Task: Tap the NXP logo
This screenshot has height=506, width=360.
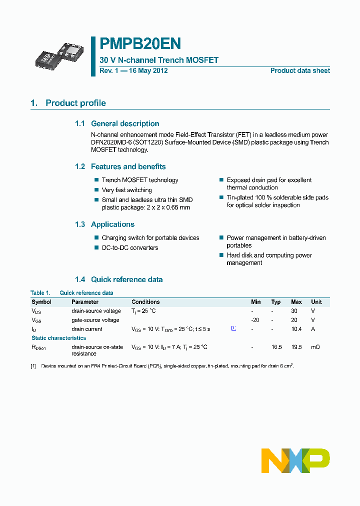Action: [x=295, y=460]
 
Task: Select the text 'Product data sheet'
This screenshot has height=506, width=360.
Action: [x=300, y=71]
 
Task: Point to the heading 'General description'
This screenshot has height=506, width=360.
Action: [x=125, y=123]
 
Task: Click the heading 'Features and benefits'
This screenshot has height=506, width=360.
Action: [x=128, y=166]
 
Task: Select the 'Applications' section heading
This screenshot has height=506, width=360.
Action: [x=112, y=224]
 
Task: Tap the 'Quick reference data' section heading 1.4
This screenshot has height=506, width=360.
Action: [x=126, y=279]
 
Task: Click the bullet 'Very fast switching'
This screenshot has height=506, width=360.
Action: [x=126, y=190]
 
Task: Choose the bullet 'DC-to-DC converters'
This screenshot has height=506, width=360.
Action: [x=129, y=248]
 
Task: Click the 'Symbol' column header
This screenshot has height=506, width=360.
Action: [x=41, y=302]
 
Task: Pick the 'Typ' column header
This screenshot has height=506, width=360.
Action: [x=275, y=302]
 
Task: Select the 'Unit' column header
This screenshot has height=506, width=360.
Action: [x=316, y=302]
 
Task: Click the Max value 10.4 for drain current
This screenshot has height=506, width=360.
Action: [x=296, y=329]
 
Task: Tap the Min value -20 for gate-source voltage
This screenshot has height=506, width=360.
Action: [x=255, y=320]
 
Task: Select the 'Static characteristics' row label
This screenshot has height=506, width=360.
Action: [x=58, y=338]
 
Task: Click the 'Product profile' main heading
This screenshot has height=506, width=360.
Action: [x=75, y=103]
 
